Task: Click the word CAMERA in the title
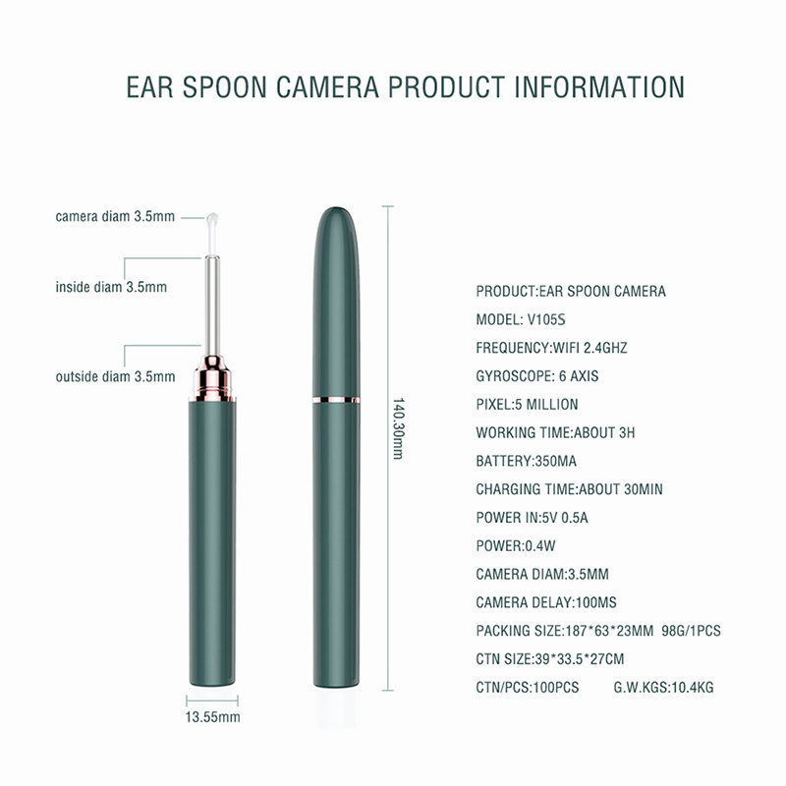coord(327,86)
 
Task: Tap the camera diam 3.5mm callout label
coord(115,216)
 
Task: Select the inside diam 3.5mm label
coord(111,287)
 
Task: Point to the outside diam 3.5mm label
coord(115,376)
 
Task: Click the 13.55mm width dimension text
coord(212,717)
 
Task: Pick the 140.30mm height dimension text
coord(398,428)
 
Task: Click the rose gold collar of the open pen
coord(212,378)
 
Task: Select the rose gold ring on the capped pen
coord(336,400)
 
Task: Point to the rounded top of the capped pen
coord(336,215)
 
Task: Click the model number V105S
coord(546,319)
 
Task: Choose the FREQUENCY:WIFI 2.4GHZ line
coord(551,348)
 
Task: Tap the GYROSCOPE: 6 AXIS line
coord(536,376)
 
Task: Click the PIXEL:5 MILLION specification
coord(527,404)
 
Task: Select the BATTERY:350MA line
coord(526,461)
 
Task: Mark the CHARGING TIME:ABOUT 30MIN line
coord(569,488)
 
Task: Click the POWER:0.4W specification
coord(515,545)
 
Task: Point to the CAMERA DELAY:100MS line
coord(546,602)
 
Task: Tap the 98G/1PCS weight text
coord(691,631)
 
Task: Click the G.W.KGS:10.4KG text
coord(664,687)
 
